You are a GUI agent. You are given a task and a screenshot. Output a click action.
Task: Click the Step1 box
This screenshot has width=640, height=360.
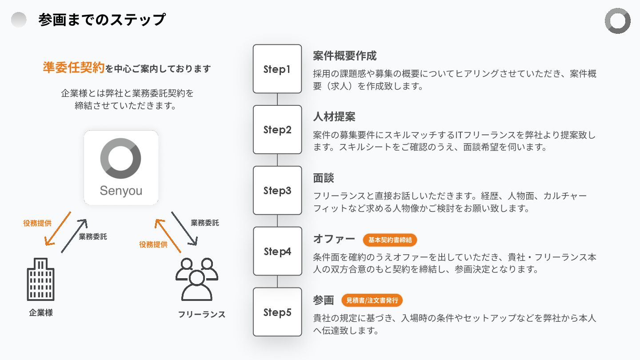click(x=277, y=69)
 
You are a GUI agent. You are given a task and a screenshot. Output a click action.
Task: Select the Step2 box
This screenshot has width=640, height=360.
click(x=277, y=130)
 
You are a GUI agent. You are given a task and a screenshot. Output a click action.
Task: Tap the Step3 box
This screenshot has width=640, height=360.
click(x=277, y=191)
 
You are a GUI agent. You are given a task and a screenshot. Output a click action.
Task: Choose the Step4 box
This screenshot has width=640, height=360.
click(x=277, y=252)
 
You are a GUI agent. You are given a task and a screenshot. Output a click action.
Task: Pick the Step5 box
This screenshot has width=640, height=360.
click(x=277, y=312)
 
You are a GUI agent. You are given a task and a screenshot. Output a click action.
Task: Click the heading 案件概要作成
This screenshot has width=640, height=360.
click(x=344, y=56)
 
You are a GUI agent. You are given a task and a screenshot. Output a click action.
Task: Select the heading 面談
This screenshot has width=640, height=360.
click(x=324, y=178)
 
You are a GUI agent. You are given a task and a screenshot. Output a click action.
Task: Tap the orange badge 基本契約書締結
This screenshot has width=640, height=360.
click(x=390, y=240)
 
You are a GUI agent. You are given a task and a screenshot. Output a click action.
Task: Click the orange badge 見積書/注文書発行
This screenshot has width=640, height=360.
click(x=372, y=300)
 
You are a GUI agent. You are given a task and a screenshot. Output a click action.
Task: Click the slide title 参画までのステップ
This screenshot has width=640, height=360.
click(x=102, y=20)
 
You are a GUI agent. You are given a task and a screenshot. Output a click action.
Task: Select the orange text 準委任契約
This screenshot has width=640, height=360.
click(x=74, y=68)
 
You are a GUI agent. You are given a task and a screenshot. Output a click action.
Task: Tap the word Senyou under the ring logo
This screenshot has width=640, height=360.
click(x=121, y=191)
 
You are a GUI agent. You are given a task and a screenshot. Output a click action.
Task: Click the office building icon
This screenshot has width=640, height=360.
click(x=41, y=279)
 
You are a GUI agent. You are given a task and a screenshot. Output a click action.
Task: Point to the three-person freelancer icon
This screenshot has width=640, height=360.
click(x=196, y=279)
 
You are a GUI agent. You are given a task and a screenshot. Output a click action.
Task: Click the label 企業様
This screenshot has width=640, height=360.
click(x=41, y=312)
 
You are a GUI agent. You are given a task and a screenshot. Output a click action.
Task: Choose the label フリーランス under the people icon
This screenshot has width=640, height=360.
click(x=201, y=314)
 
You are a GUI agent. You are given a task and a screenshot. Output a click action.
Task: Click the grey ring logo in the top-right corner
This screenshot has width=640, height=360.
click(x=617, y=20)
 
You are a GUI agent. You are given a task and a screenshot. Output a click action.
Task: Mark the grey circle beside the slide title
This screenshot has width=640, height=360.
click(x=19, y=20)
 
